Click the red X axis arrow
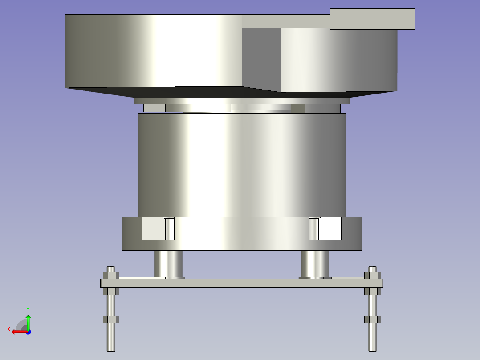(20, 331)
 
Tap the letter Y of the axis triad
(28, 310)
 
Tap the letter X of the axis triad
(9, 330)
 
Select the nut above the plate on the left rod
(111, 275)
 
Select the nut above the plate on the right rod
(373, 275)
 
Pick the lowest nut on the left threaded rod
(111, 319)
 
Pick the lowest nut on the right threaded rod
(373, 319)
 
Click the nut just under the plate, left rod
(111, 291)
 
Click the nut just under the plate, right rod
(373, 291)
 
